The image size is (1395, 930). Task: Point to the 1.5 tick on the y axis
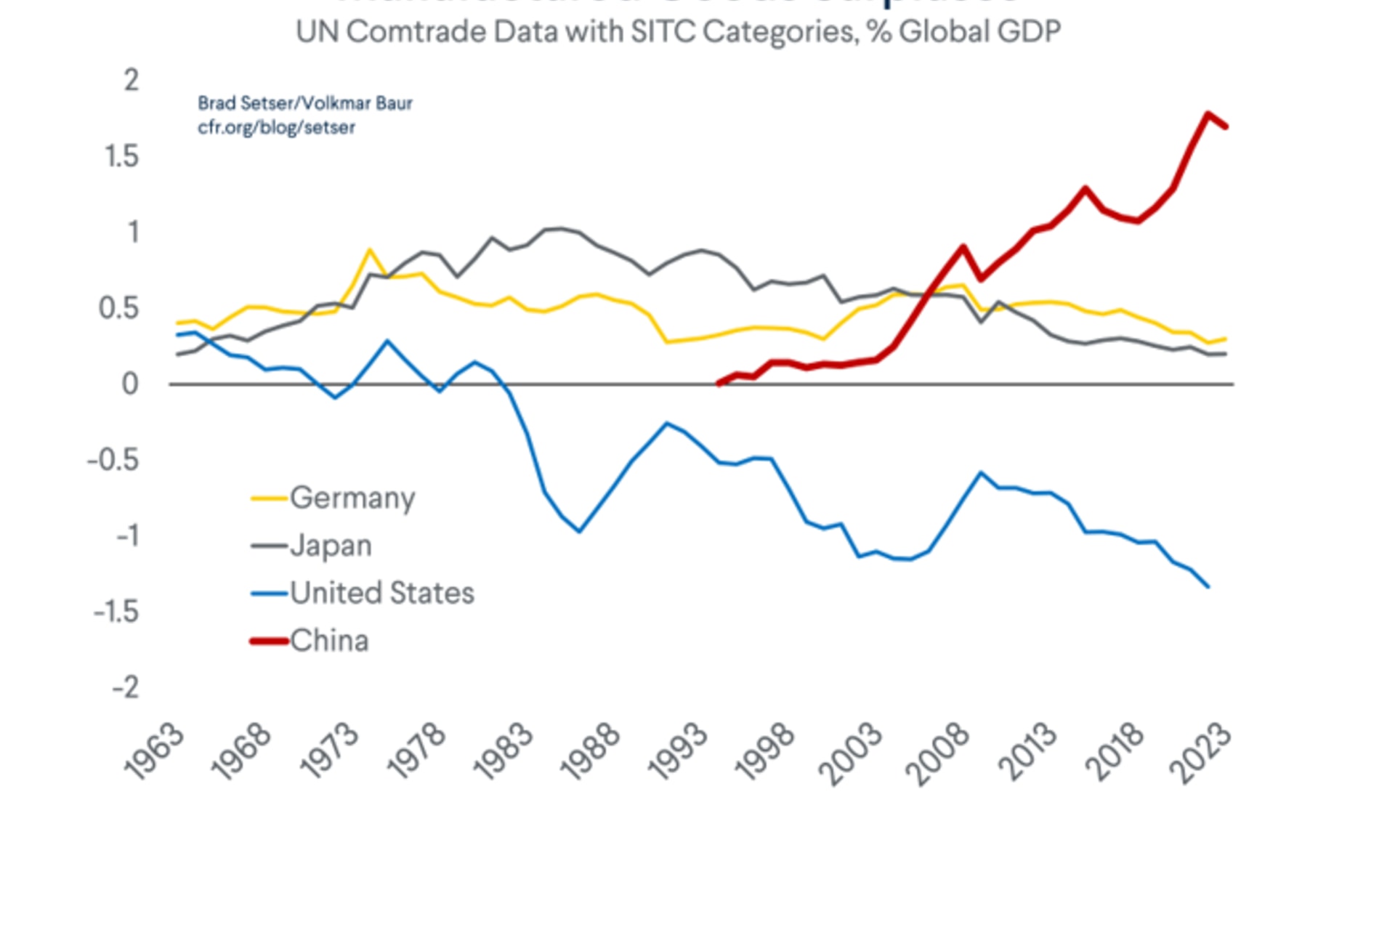pos(121,156)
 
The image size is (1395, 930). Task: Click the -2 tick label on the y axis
pos(125,687)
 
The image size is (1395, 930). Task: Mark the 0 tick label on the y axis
pos(130,384)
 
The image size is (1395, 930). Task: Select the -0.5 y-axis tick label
pos(113,460)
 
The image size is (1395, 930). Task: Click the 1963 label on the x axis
pos(154,752)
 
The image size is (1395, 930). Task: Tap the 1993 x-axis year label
pos(677,752)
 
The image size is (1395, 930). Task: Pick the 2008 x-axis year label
pos(939,754)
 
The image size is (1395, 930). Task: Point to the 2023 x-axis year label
pos(1200,754)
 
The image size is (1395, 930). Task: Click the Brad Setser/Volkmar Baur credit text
pos(305,103)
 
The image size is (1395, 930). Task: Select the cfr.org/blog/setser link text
pos(276,127)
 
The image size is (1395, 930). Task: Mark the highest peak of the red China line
pos(1208,114)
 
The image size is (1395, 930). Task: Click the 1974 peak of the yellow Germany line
pos(370,251)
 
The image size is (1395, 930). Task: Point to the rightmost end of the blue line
pos(1208,586)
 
